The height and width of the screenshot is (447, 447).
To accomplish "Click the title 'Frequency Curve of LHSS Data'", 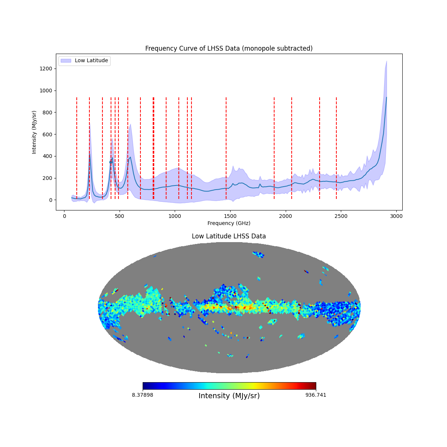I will [229, 48].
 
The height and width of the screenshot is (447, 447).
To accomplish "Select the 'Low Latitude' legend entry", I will [91, 61].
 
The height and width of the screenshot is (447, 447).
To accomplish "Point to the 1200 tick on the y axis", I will [56, 69].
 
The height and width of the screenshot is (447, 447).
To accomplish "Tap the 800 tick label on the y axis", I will [48, 112].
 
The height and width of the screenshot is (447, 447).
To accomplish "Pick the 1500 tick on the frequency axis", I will [230, 210].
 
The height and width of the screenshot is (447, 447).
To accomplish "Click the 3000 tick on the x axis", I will [396, 210].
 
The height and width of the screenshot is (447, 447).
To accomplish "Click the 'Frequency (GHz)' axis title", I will [229, 223].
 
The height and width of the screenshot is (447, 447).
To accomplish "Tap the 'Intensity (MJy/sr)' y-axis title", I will [34, 132].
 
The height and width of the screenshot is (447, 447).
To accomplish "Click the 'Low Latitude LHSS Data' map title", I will [229, 236].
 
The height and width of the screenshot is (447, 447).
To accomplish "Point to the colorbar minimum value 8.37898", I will [142, 395].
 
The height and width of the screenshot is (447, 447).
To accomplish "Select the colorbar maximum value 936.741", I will [316, 395].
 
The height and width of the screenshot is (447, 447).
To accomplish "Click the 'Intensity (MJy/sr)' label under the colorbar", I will [229, 396].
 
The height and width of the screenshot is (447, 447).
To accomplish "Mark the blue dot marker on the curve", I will [111, 162].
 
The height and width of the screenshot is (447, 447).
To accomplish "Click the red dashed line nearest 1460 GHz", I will [226, 148].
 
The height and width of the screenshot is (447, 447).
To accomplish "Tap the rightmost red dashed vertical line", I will [336, 148].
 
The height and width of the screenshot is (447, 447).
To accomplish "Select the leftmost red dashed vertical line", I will [77, 148].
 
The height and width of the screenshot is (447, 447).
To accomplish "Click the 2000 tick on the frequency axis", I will [286, 210].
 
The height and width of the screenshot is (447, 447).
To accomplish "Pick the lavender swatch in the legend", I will [66, 61].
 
